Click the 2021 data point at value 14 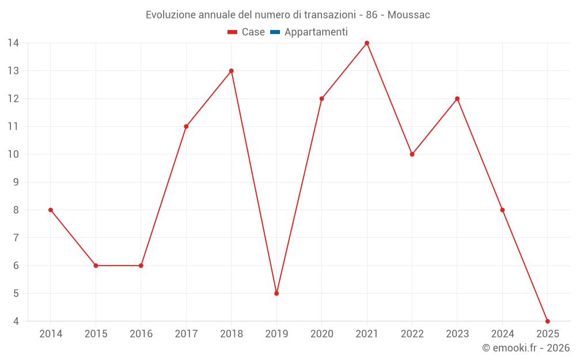(x=367, y=43)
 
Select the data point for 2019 (x=276, y=293)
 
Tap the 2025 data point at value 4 (x=547, y=321)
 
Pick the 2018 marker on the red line (x=231, y=71)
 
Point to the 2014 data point (x=51, y=210)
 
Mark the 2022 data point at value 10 (x=412, y=154)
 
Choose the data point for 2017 (x=186, y=126)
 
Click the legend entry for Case (x=253, y=32)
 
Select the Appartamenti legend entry (x=316, y=32)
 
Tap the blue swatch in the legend (x=275, y=32)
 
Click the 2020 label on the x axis (x=321, y=334)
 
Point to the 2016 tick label (x=141, y=334)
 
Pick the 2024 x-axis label (x=502, y=334)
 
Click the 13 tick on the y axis (x=13, y=71)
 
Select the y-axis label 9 (x=16, y=182)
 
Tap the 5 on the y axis (x=16, y=293)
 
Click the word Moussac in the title (x=408, y=15)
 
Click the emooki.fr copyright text (x=526, y=348)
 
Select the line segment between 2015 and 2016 (x=118, y=266)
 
